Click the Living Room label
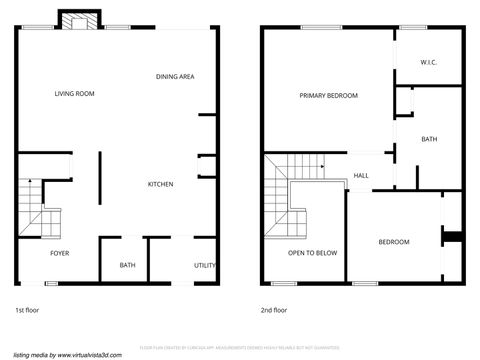tap(74, 93)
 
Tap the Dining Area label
tap(175, 77)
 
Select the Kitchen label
tap(161, 184)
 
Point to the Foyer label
tap(60, 253)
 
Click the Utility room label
tap(205, 265)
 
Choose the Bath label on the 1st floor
tap(128, 265)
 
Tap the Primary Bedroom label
tap(328, 95)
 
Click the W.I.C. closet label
tap(430, 62)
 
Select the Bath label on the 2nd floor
tap(429, 139)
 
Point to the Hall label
tap(361, 176)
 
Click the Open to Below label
tap(312, 253)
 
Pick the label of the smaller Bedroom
tap(393, 242)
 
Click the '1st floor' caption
tap(27, 310)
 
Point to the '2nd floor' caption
tap(273, 310)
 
